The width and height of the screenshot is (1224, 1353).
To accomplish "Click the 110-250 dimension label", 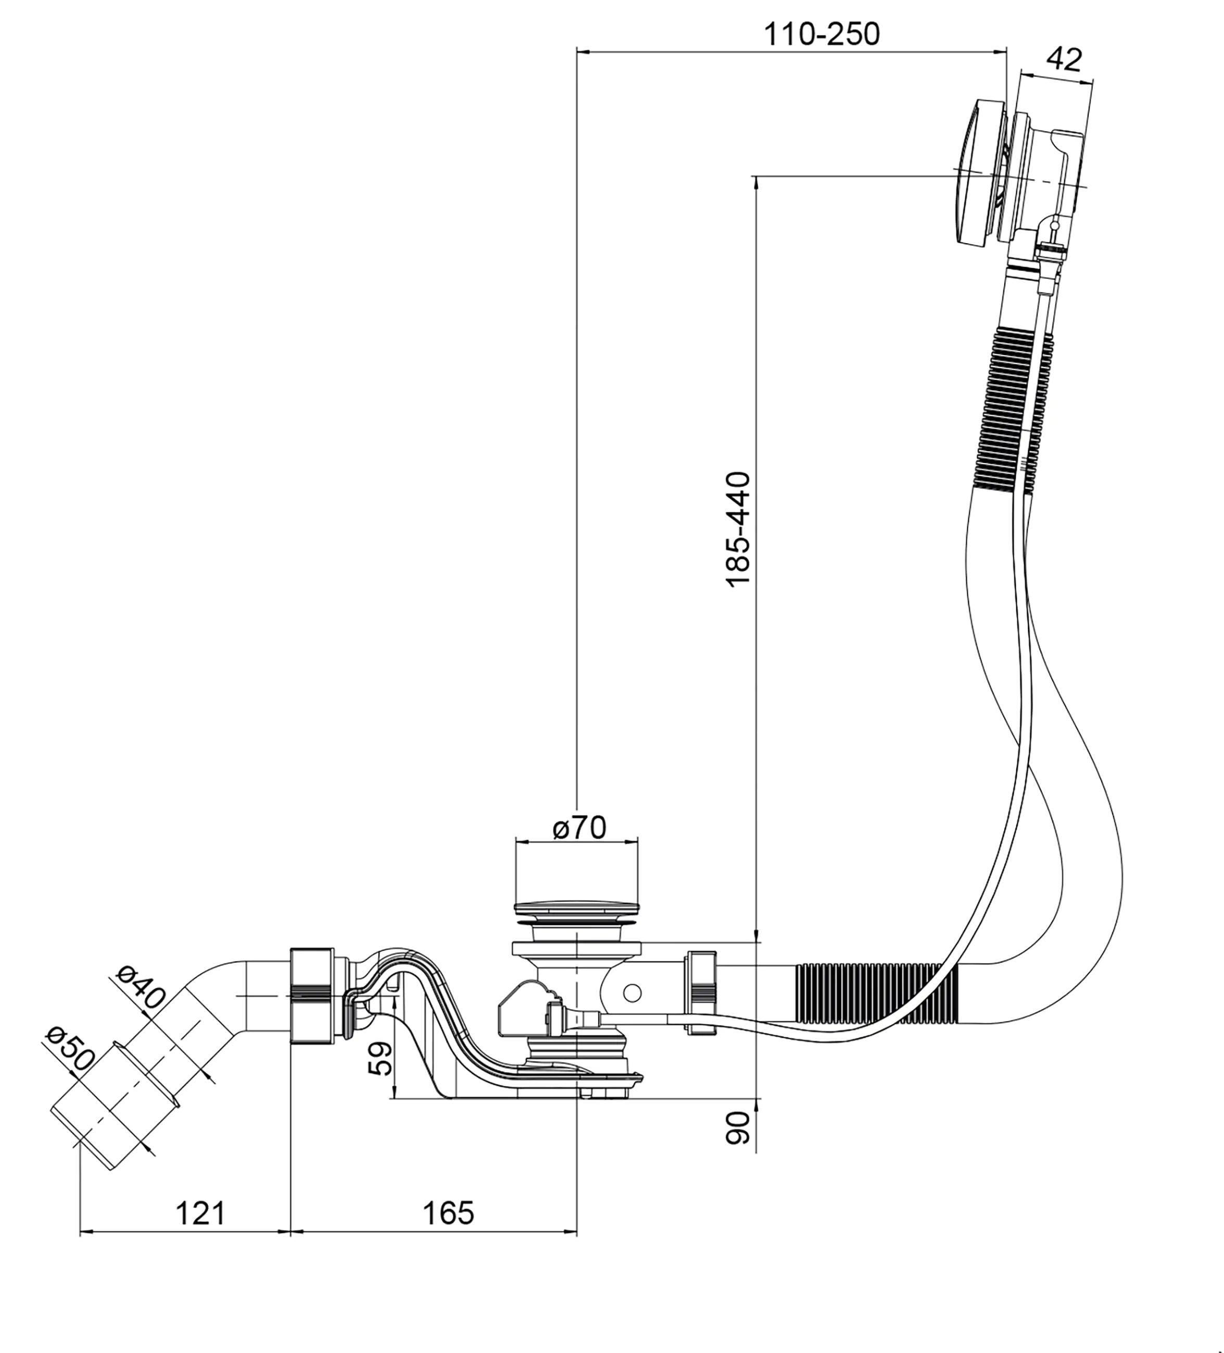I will pos(822,33).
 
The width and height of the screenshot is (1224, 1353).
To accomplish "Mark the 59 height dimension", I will pos(381,1059).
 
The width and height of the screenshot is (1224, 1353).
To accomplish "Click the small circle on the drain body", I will pos(632,992).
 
